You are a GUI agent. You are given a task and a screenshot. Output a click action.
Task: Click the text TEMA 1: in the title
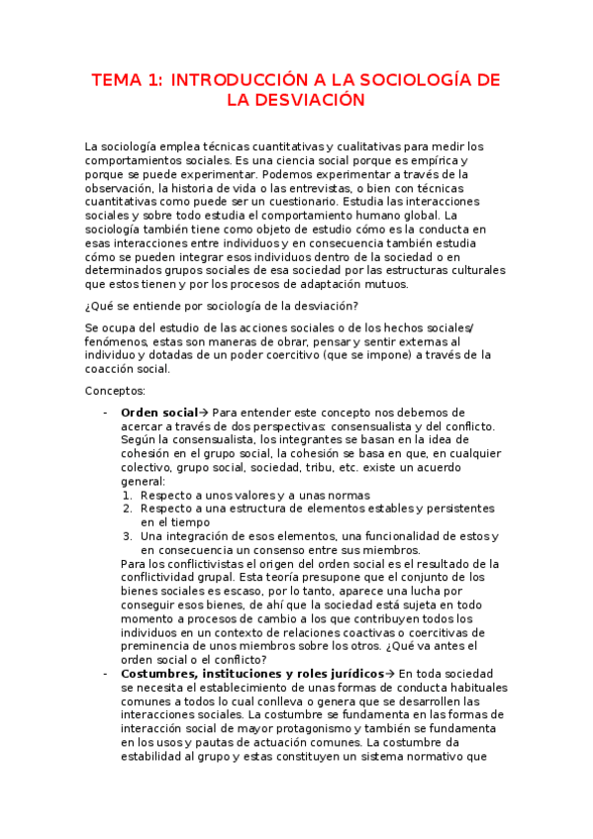point(126,80)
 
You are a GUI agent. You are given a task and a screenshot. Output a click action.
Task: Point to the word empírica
point(433,160)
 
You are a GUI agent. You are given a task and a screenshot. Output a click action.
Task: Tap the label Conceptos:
point(115,391)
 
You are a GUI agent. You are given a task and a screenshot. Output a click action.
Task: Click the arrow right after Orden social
point(204,412)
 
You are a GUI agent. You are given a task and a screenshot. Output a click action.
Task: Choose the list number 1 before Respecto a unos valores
point(128,495)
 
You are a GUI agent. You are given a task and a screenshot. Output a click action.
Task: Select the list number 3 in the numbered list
point(128,536)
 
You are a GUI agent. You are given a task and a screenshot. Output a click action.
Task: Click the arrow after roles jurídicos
point(389,674)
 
